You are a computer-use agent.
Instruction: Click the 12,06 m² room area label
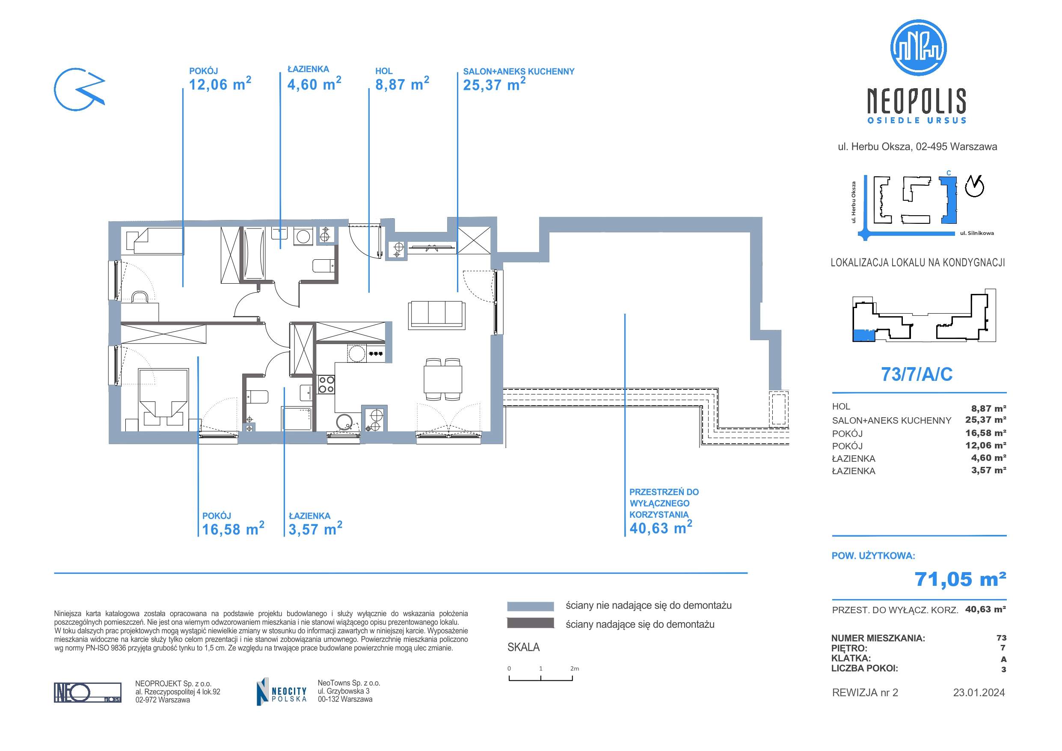tap(220, 85)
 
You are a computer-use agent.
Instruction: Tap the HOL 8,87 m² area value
tap(401, 85)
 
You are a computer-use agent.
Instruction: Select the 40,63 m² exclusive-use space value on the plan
tap(661, 528)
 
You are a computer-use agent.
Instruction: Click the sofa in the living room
tap(436, 315)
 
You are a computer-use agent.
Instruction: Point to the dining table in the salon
tap(443, 380)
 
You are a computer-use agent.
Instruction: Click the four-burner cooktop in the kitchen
tap(326, 385)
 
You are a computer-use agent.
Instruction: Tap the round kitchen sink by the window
tap(344, 422)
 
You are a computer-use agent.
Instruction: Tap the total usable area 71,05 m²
tap(960, 579)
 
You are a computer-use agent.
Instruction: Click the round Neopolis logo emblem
tap(918, 47)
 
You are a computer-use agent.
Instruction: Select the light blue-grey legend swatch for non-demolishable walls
tap(530, 606)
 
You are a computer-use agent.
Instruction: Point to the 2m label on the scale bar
tap(575, 669)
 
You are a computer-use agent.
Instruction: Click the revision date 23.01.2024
tap(979, 693)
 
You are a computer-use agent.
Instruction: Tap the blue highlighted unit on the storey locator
tap(863, 335)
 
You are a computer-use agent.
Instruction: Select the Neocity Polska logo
tap(282, 692)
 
